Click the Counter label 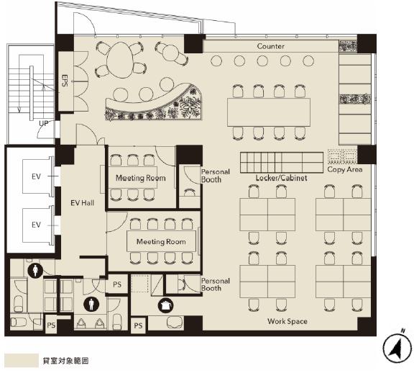coord(271,46)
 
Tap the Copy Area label coord(345,169)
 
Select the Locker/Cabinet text coord(282,178)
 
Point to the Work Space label coord(287,321)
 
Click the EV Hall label coord(83,203)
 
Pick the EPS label coord(65,81)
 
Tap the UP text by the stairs coord(44,123)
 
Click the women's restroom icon coord(35,270)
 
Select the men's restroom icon coord(91,304)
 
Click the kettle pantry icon coord(165,305)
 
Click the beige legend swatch coord(22,360)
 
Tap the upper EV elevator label coord(36,176)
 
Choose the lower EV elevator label coord(36,225)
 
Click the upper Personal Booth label coord(216,176)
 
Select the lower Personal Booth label coord(216,284)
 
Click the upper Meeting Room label coord(141,178)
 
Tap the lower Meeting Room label coord(161,241)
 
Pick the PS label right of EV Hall coord(117,284)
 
